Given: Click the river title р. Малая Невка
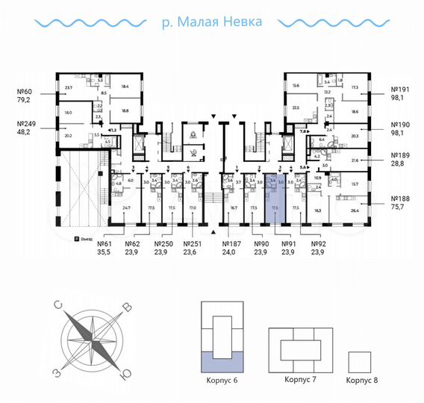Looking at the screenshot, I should pyautogui.click(x=211, y=22).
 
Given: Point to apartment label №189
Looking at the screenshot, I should pyautogui.click(x=402, y=157).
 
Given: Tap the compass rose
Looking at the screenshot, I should pyautogui.click(x=93, y=337).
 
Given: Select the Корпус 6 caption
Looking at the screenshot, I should pyautogui.click(x=222, y=381).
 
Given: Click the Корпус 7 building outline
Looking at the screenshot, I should pyautogui.click(x=299, y=348).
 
